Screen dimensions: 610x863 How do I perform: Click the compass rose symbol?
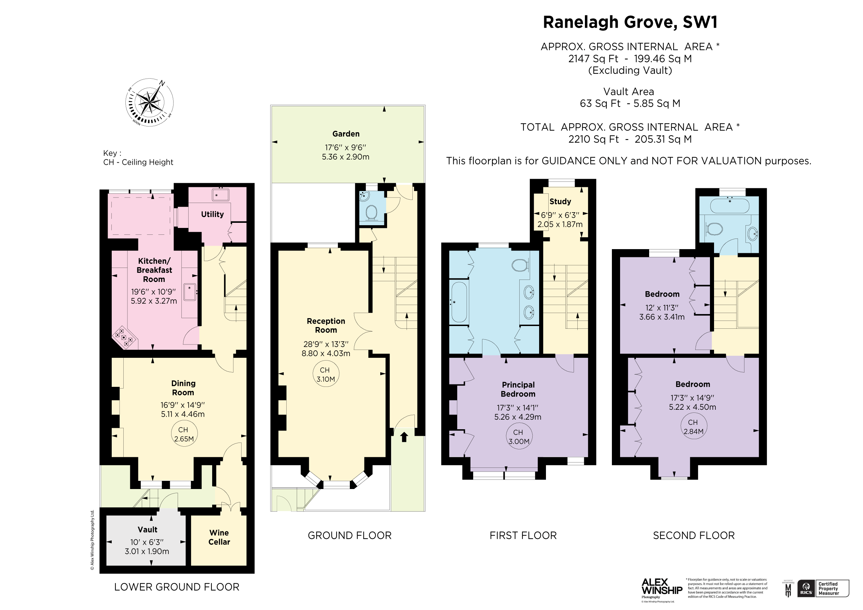coord(149,102)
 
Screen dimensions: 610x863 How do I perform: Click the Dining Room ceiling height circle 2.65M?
coord(183,434)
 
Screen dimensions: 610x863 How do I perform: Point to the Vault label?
coord(147,529)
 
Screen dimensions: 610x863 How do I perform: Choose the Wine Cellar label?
coord(219,537)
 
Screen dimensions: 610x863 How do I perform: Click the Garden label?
coord(346,134)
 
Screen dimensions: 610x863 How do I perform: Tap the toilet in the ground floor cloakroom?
coord(371,213)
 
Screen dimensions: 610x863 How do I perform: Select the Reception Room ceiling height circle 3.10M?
coord(326,375)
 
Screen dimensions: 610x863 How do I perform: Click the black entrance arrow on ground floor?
coord(404,437)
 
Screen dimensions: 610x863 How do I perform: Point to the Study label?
coord(560,202)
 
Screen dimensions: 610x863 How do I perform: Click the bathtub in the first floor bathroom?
coord(459,302)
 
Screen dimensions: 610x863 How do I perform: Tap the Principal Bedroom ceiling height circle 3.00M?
coord(518,437)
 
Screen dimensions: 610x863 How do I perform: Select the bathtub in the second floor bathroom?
coord(729,206)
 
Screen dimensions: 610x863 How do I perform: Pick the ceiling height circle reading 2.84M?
coord(693,427)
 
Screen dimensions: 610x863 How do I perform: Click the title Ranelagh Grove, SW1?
coord(630,22)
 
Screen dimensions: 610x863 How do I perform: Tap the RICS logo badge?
coord(806,588)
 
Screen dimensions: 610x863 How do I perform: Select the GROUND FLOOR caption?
coord(350,536)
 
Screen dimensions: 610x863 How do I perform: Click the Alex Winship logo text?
coord(661,587)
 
